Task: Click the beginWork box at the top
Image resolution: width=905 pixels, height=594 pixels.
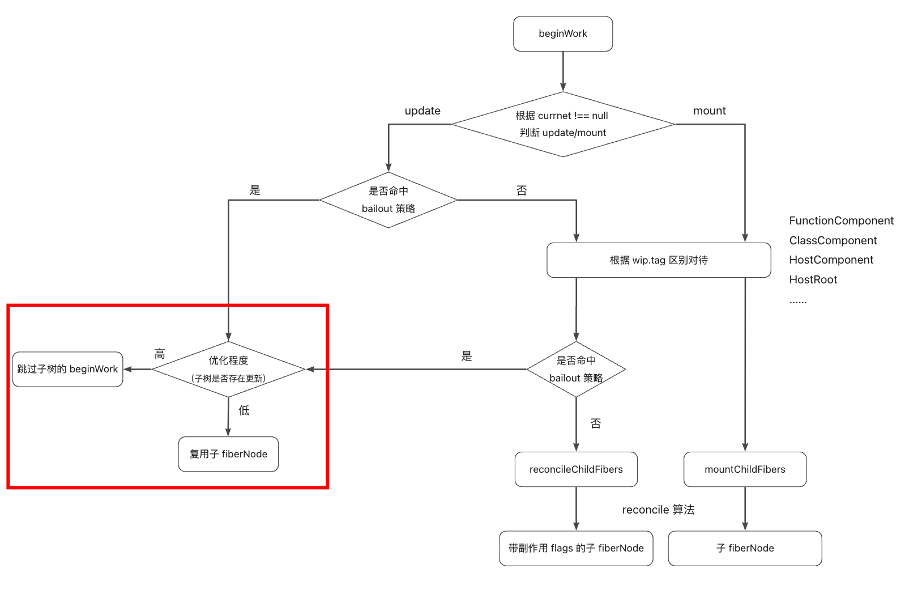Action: coord(563,34)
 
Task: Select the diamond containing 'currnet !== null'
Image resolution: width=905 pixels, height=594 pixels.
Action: coord(563,124)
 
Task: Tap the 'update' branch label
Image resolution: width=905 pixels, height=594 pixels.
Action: coord(422,111)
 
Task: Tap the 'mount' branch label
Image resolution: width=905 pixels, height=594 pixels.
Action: coord(709,111)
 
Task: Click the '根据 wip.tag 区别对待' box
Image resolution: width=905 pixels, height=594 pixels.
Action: coord(659,260)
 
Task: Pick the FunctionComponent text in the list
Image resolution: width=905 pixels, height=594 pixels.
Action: coord(841,221)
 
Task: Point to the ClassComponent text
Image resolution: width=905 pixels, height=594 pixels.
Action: coord(833,241)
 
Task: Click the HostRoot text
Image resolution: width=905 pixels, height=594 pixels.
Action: coord(813,280)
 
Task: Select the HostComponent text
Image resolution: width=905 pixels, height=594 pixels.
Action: coord(831,260)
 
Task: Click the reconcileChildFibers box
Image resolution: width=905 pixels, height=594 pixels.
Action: coord(576,469)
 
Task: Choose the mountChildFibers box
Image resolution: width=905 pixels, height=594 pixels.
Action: coord(745,469)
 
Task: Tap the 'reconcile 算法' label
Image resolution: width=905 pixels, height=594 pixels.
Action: coord(658,510)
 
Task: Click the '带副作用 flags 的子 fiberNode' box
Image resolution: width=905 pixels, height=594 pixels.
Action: coord(576,548)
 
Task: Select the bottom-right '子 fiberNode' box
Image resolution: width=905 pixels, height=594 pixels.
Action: coord(745,548)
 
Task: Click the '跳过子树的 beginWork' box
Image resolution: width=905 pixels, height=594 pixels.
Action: coord(67,370)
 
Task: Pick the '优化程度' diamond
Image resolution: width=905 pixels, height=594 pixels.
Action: coord(228,369)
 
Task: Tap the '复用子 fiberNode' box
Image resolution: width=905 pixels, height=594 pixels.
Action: coord(228,454)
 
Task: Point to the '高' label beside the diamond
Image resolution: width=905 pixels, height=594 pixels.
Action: coord(160,354)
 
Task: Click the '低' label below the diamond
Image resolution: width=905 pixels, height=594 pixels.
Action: coord(244,410)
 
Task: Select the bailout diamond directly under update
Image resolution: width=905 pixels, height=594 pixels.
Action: coord(389,200)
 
